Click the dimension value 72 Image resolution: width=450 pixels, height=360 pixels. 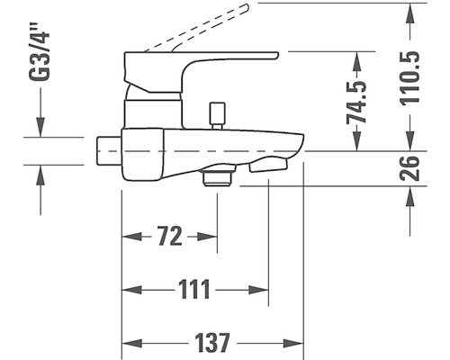click(170, 236)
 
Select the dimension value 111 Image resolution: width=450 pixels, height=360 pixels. click(194, 290)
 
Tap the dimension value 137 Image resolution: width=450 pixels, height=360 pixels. click(212, 343)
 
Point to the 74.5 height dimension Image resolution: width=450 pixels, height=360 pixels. click(356, 102)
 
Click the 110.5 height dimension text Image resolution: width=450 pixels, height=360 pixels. click(409, 78)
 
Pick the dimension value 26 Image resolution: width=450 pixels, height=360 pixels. click(409, 168)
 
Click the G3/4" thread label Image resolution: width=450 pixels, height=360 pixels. click(39, 51)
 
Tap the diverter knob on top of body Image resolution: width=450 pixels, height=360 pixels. click(218, 115)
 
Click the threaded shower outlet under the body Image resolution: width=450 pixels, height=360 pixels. click(218, 177)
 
